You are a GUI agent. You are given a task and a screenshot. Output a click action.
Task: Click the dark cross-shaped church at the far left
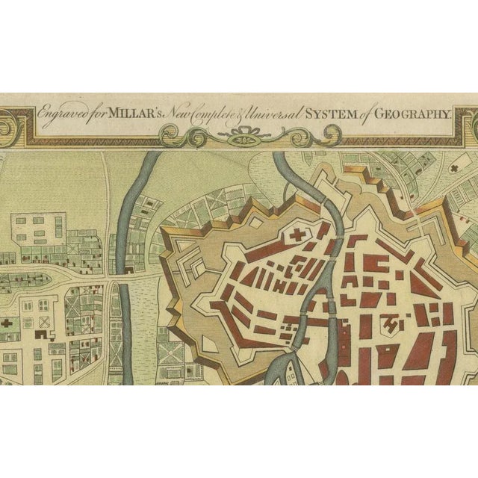click(x=8, y=324)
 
